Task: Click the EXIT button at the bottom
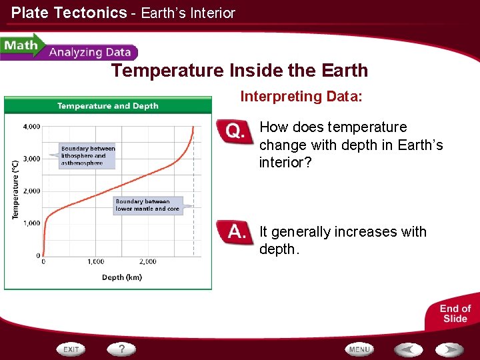click(x=71, y=349)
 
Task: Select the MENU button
click(x=359, y=349)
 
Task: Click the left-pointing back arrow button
click(x=407, y=349)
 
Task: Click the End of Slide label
click(x=455, y=313)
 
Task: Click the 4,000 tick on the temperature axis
click(x=31, y=126)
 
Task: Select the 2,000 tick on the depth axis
click(x=148, y=262)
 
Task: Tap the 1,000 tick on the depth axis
click(x=95, y=262)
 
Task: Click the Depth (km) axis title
click(x=121, y=277)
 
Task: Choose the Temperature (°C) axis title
click(x=15, y=189)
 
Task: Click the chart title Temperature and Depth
click(x=108, y=105)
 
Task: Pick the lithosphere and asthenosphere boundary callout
click(x=87, y=156)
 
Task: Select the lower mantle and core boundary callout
click(x=147, y=205)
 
